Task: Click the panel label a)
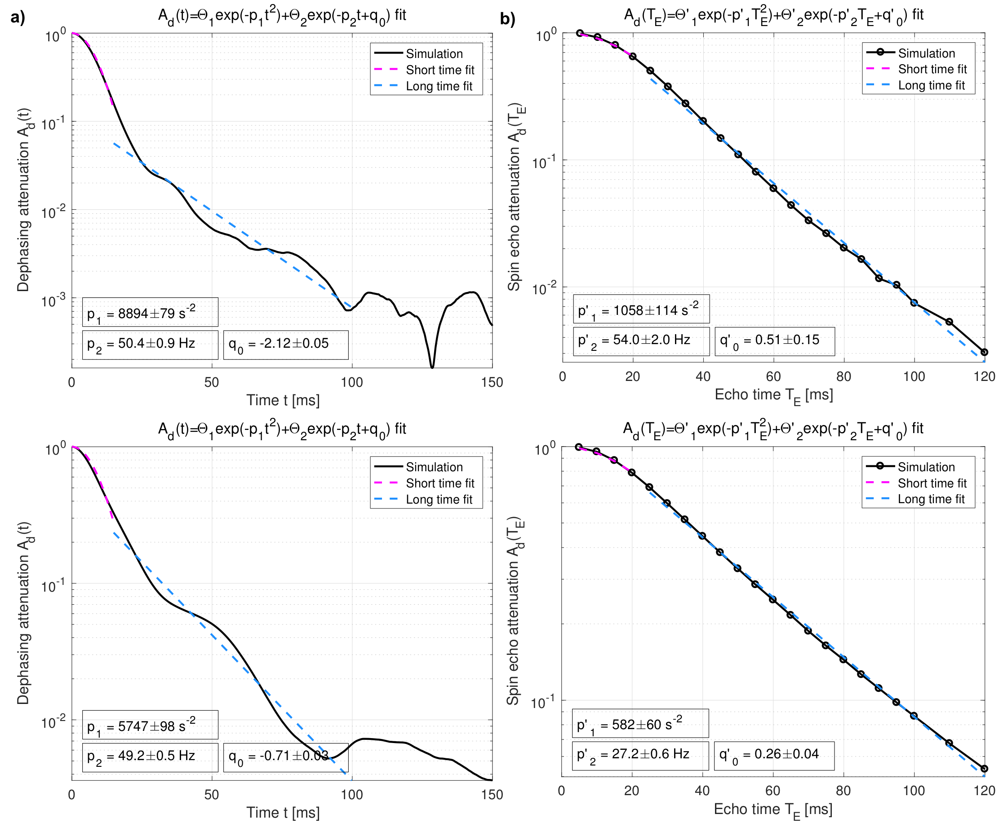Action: pos(18,18)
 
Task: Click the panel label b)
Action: pos(508,19)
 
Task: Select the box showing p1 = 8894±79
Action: pos(150,312)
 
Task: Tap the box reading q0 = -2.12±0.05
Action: pos(285,345)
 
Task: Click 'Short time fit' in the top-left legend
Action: pos(440,70)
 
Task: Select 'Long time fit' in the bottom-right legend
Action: pos(931,499)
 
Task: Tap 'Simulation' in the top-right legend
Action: pos(926,53)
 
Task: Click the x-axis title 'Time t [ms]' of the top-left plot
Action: pos(283,401)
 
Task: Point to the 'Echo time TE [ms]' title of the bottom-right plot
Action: pos(773,810)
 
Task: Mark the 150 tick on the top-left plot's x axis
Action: pos(492,383)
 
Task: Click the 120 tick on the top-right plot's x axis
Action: pos(984,377)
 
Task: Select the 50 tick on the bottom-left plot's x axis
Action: pos(212,795)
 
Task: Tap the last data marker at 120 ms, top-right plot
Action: pos(984,352)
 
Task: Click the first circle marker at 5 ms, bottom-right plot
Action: pos(578,447)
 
